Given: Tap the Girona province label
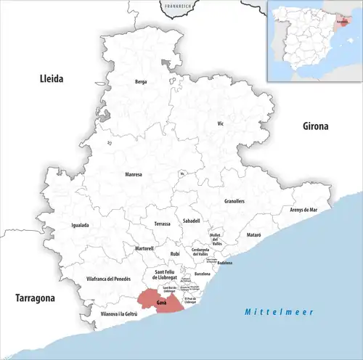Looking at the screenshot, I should pos(315,126).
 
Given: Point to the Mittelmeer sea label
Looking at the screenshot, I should pos(278,311).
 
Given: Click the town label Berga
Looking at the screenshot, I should pos(141,82).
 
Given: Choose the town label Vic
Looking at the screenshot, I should pos(221,124).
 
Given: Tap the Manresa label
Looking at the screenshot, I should pos(134,174).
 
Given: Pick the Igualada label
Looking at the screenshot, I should pos(80,225).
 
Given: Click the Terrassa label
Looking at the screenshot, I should pos(162,224).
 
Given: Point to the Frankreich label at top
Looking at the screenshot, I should pos(178,6).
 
